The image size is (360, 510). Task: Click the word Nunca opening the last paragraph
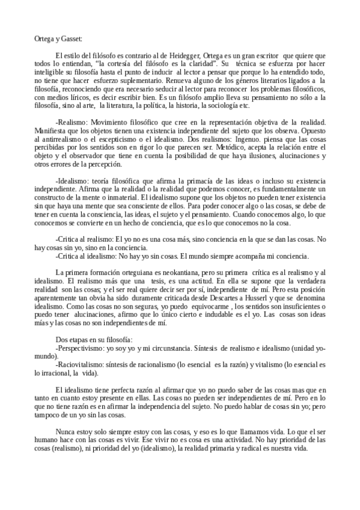[x=65, y=431]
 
